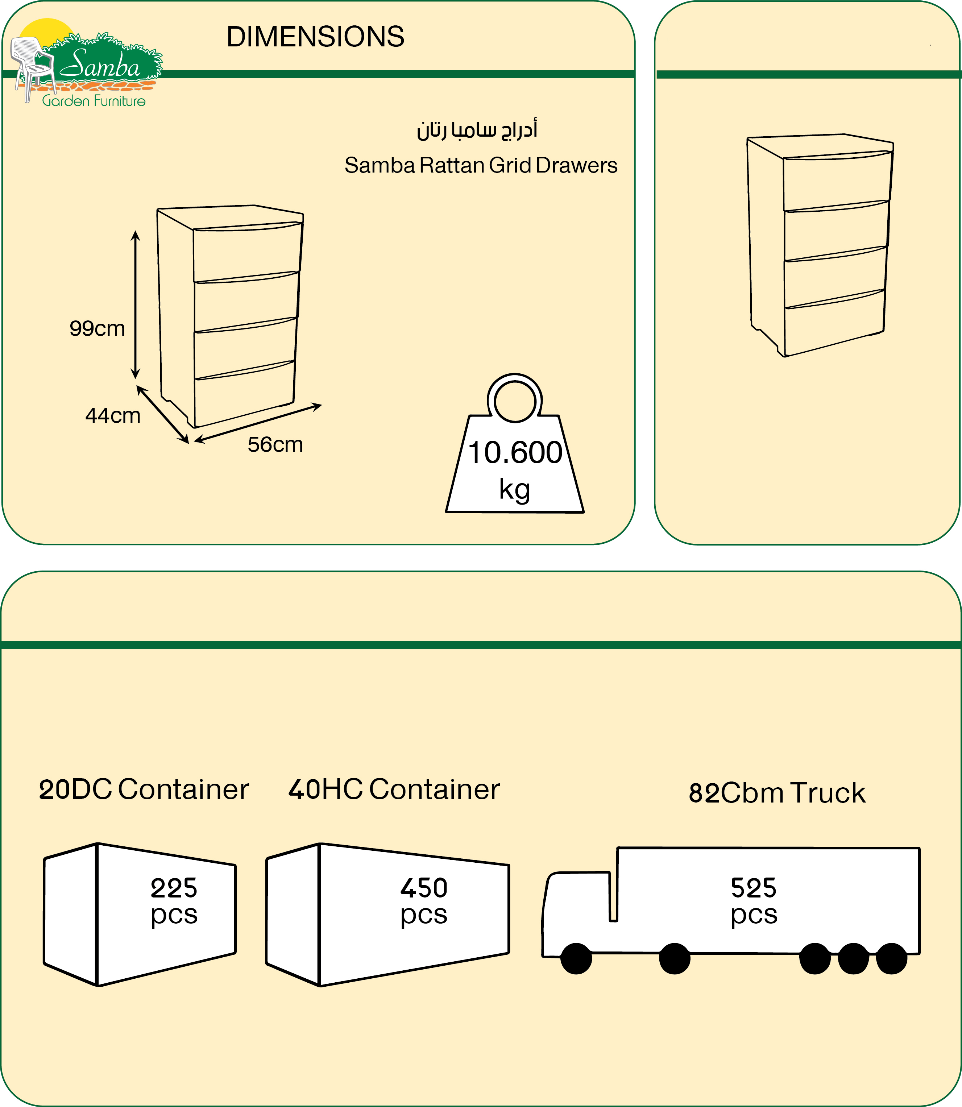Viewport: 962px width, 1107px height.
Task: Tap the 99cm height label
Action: pos(97,328)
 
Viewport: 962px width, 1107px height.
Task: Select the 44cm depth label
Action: pos(113,415)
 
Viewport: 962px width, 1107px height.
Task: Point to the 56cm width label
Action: pos(275,444)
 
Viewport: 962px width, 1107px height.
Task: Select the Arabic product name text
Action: pos(477,130)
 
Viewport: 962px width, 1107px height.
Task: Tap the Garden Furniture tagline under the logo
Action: pos(94,101)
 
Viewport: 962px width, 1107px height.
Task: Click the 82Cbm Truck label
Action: pos(777,793)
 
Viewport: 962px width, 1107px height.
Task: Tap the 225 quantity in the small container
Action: pos(174,888)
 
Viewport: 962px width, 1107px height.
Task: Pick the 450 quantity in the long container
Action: pos(424,888)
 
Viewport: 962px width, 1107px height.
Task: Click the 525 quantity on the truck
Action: pos(753,888)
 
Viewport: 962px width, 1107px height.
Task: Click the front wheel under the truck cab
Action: pos(576,958)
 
